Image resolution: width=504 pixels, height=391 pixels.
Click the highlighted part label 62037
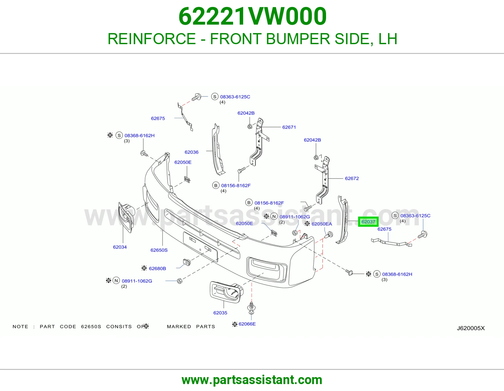(x=368, y=222)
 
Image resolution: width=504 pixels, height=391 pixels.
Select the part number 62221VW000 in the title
(x=252, y=16)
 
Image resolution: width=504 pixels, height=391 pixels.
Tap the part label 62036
(x=191, y=152)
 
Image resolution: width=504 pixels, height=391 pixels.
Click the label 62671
(x=289, y=127)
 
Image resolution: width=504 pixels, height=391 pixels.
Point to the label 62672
(x=352, y=178)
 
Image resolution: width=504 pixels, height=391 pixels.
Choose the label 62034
(x=120, y=247)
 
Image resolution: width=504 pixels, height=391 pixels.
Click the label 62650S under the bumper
(x=159, y=250)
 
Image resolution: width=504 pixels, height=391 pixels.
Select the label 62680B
(x=157, y=268)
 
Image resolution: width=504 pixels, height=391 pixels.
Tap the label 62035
(x=220, y=313)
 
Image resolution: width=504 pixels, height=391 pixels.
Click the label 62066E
(x=247, y=324)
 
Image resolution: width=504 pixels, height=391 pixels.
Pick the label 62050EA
(x=322, y=224)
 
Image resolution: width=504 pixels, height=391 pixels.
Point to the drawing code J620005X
(x=471, y=328)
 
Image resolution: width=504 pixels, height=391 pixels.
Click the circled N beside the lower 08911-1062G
(x=116, y=281)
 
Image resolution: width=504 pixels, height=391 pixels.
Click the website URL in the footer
(x=252, y=380)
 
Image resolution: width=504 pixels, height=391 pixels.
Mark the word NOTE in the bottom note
(x=20, y=326)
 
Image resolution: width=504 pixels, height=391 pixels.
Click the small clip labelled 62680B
(x=187, y=262)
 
